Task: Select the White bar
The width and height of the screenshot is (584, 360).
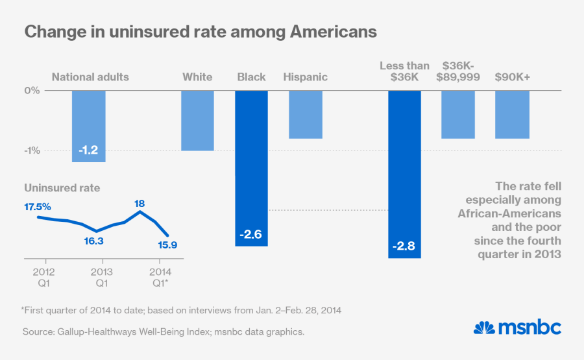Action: tap(197, 121)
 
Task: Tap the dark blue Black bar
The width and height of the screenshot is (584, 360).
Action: tap(251, 168)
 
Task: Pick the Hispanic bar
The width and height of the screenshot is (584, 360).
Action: tap(305, 114)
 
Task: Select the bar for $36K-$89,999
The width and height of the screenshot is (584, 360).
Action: tap(458, 114)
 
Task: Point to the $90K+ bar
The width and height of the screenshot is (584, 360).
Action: tap(512, 114)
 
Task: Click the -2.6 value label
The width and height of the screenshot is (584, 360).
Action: tap(251, 234)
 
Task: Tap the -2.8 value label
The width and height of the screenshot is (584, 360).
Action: tap(405, 246)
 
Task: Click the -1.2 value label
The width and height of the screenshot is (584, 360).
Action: tap(88, 150)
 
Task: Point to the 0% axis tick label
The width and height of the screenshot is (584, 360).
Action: tap(32, 90)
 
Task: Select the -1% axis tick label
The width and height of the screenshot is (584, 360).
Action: tap(32, 150)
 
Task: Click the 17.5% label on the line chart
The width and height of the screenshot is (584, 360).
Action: tap(38, 206)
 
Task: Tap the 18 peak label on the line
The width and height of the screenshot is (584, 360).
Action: tap(139, 203)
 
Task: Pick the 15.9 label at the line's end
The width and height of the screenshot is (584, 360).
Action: tap(168, 245)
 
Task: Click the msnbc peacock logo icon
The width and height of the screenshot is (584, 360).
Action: tap(484, 328)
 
